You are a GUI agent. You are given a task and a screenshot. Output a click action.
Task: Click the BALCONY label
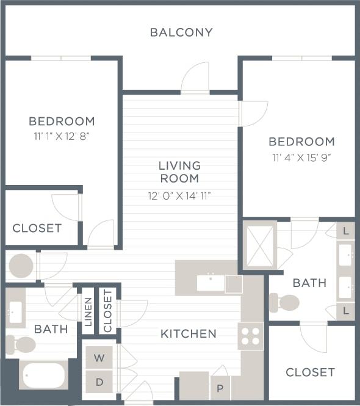coord(181,32)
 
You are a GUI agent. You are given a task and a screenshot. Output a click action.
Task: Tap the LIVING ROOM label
coord(179,172)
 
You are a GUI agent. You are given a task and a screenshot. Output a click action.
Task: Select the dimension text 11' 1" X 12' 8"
coord(62,136)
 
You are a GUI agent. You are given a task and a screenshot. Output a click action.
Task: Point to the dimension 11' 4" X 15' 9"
coord(301,157)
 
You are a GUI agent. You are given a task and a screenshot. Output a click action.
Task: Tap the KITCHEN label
coord(189,334)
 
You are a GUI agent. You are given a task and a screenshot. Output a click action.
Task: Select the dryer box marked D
coord(99,382)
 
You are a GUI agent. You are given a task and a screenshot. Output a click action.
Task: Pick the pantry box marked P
coord(220,387)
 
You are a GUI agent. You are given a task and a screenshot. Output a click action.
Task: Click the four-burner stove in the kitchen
coord(250,336)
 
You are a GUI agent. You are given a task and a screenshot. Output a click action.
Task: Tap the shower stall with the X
coord(259,245)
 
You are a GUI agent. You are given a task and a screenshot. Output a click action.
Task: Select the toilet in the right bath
coord(285,302)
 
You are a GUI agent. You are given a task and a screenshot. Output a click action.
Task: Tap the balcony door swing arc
coord(195,77)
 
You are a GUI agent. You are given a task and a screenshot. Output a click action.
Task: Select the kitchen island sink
coord(211,283)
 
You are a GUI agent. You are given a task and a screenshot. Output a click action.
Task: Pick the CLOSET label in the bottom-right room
coord(310,372)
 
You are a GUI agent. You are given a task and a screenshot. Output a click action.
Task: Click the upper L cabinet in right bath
coord(346,231)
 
